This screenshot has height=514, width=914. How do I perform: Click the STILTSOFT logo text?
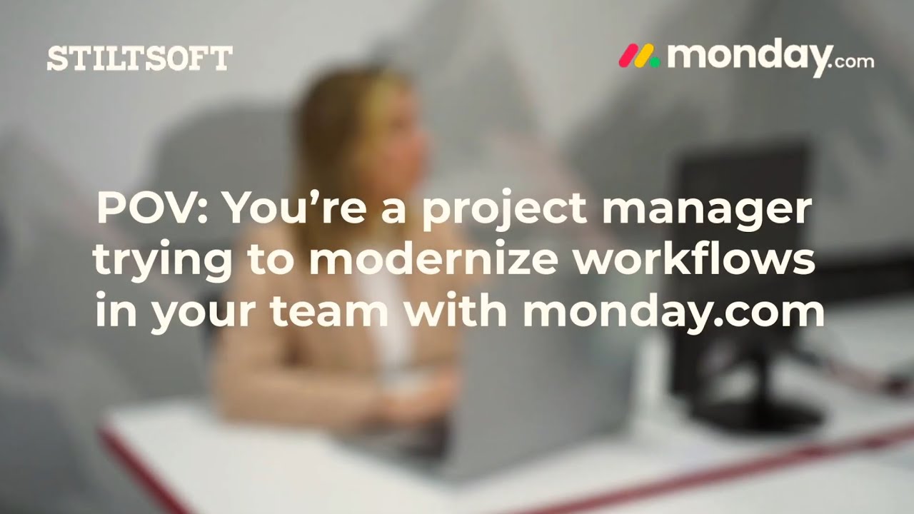pos(139,58)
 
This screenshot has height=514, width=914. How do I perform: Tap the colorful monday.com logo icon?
pos(638,56)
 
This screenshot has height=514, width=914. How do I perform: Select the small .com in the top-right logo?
pos(853,61)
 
